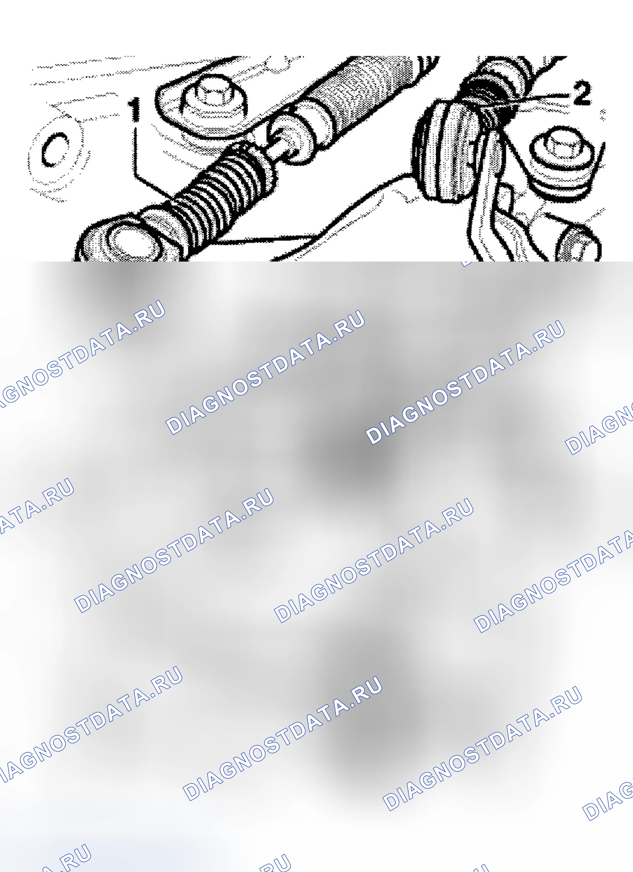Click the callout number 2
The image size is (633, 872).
click(x=582, y=93)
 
